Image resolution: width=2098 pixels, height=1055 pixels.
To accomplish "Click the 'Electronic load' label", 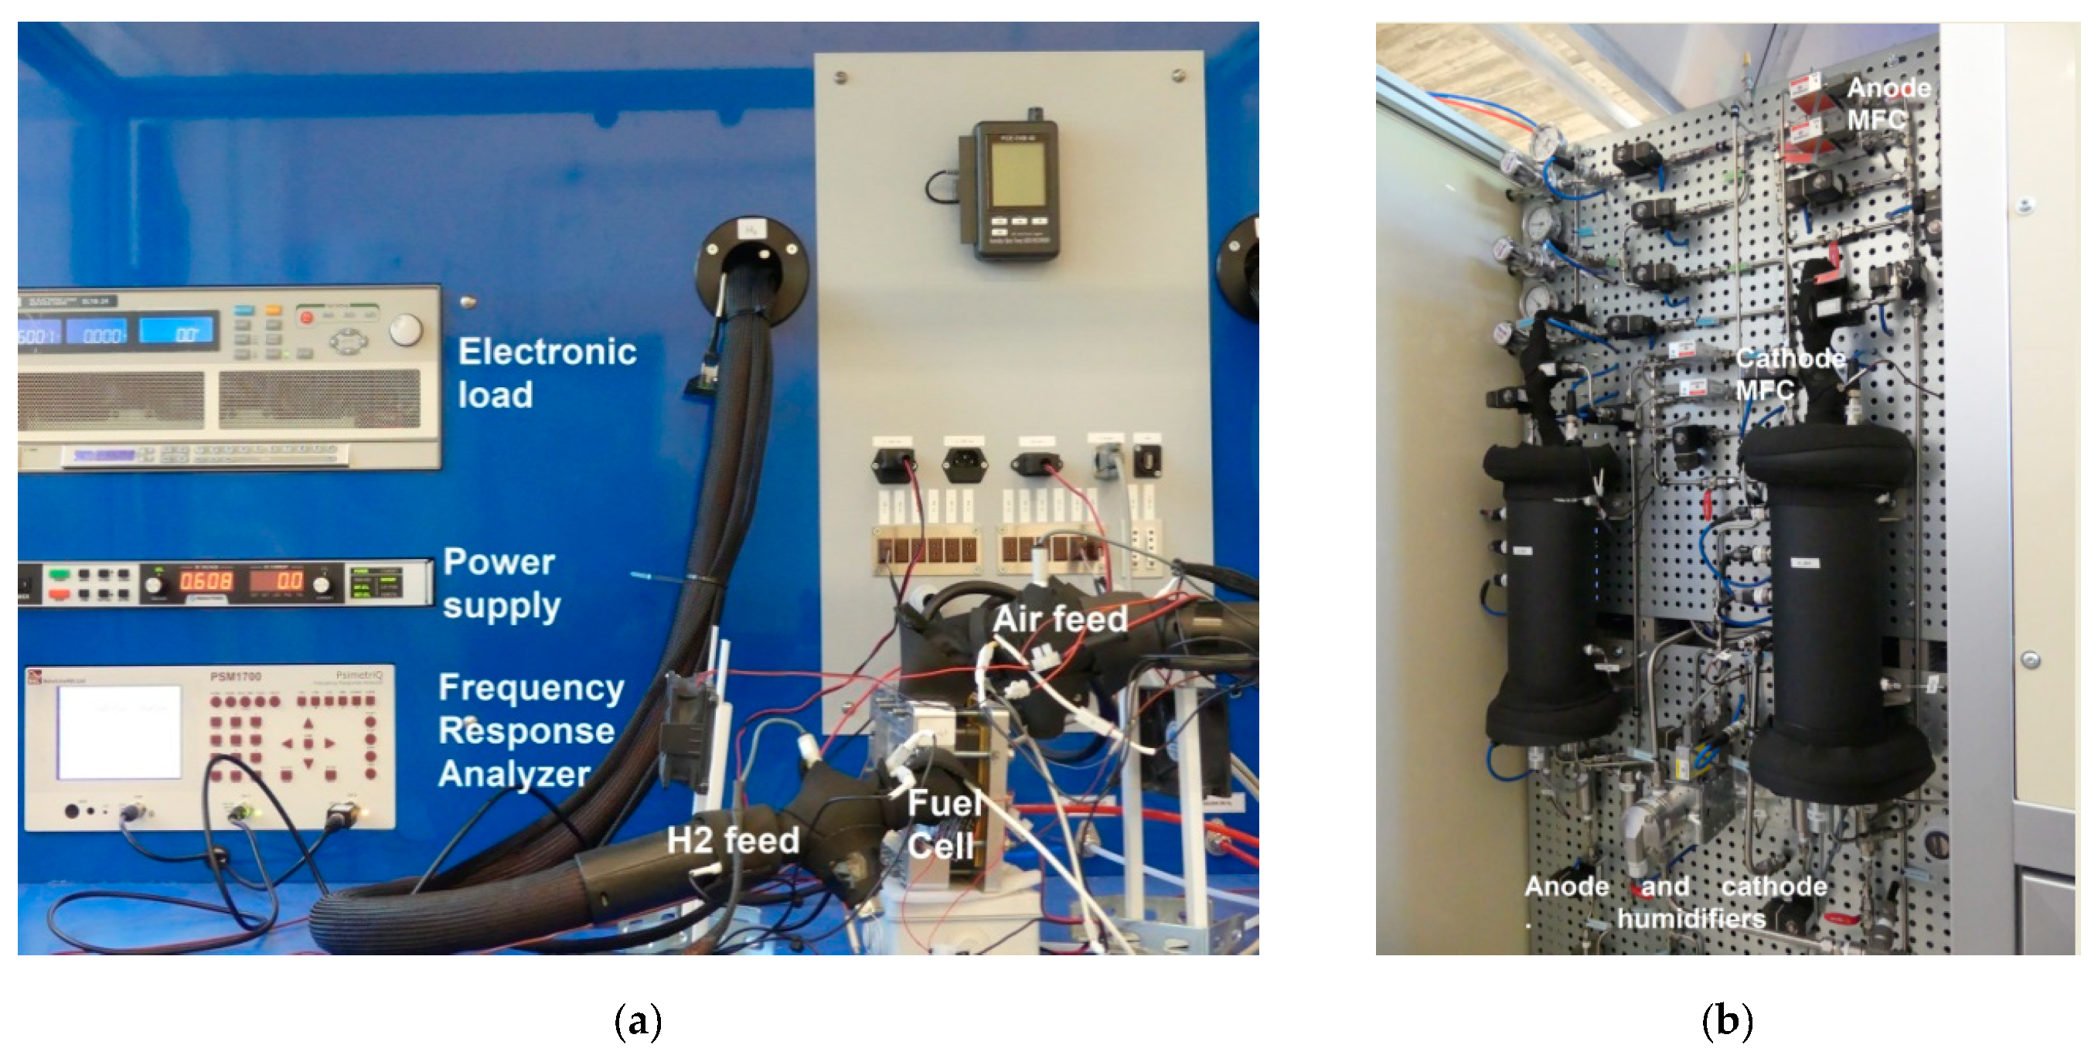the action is pyautogui.click(x=546, y=373).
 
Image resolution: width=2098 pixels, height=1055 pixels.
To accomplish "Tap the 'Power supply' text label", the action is pyautogui.click(x=501, y=584).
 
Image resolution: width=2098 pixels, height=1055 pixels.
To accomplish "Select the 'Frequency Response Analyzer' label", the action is pyautogui.click(x=530, y=730).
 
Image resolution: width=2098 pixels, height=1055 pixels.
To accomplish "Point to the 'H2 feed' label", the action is pyautogui.click(x=732, y=840).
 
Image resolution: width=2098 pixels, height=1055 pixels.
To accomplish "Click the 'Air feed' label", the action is pyautogui.click(x=1060, y=620).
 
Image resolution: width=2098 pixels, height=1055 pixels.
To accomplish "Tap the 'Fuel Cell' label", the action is pyautogui.click(x=943, y=825).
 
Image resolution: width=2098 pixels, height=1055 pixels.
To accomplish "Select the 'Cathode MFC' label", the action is pyautogui.click(x=1789, y=373).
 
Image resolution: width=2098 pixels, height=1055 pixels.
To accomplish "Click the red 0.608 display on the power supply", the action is pyautogui.click(x=206, y=581).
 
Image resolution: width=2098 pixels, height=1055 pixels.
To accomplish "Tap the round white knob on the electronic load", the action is pyautogui.click(x=406, y=329).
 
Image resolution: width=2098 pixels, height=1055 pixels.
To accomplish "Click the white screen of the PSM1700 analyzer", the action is pyautogui.click(x=120, y=731).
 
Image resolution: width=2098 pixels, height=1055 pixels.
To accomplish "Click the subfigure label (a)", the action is pyautogui.click(x=638, y=1021).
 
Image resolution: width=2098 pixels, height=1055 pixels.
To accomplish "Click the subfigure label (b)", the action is pyautogui.click(x=1727, y=1021).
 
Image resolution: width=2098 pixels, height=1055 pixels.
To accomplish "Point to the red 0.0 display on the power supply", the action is pyautogui.click(x=277, y=581).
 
